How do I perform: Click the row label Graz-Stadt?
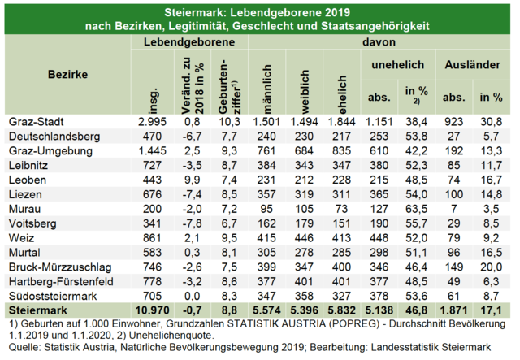tap(36, 122)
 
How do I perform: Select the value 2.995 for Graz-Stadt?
tap(152, 122)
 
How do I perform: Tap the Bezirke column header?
tap(67, 74)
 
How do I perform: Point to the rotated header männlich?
tap(267, 89)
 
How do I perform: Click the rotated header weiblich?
tap(305, 92)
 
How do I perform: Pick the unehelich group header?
tap(397, 64)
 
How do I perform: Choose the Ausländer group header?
tap(472, 64)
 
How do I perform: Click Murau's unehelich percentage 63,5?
tap(416, 209)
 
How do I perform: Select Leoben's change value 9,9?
tap(192, 180)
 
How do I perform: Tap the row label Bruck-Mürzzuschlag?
tap(60, 267)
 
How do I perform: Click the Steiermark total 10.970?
tap(152, 310)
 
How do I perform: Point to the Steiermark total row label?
tap(38, 310)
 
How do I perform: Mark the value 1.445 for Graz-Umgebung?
tap(152, 151)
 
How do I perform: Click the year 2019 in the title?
tap(337, 13)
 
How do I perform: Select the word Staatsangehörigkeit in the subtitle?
tap(375, 26)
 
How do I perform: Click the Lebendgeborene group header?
tap(189, 42)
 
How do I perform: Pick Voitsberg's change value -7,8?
tap(192, 223)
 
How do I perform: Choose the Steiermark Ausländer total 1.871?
tap(453, 310)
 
